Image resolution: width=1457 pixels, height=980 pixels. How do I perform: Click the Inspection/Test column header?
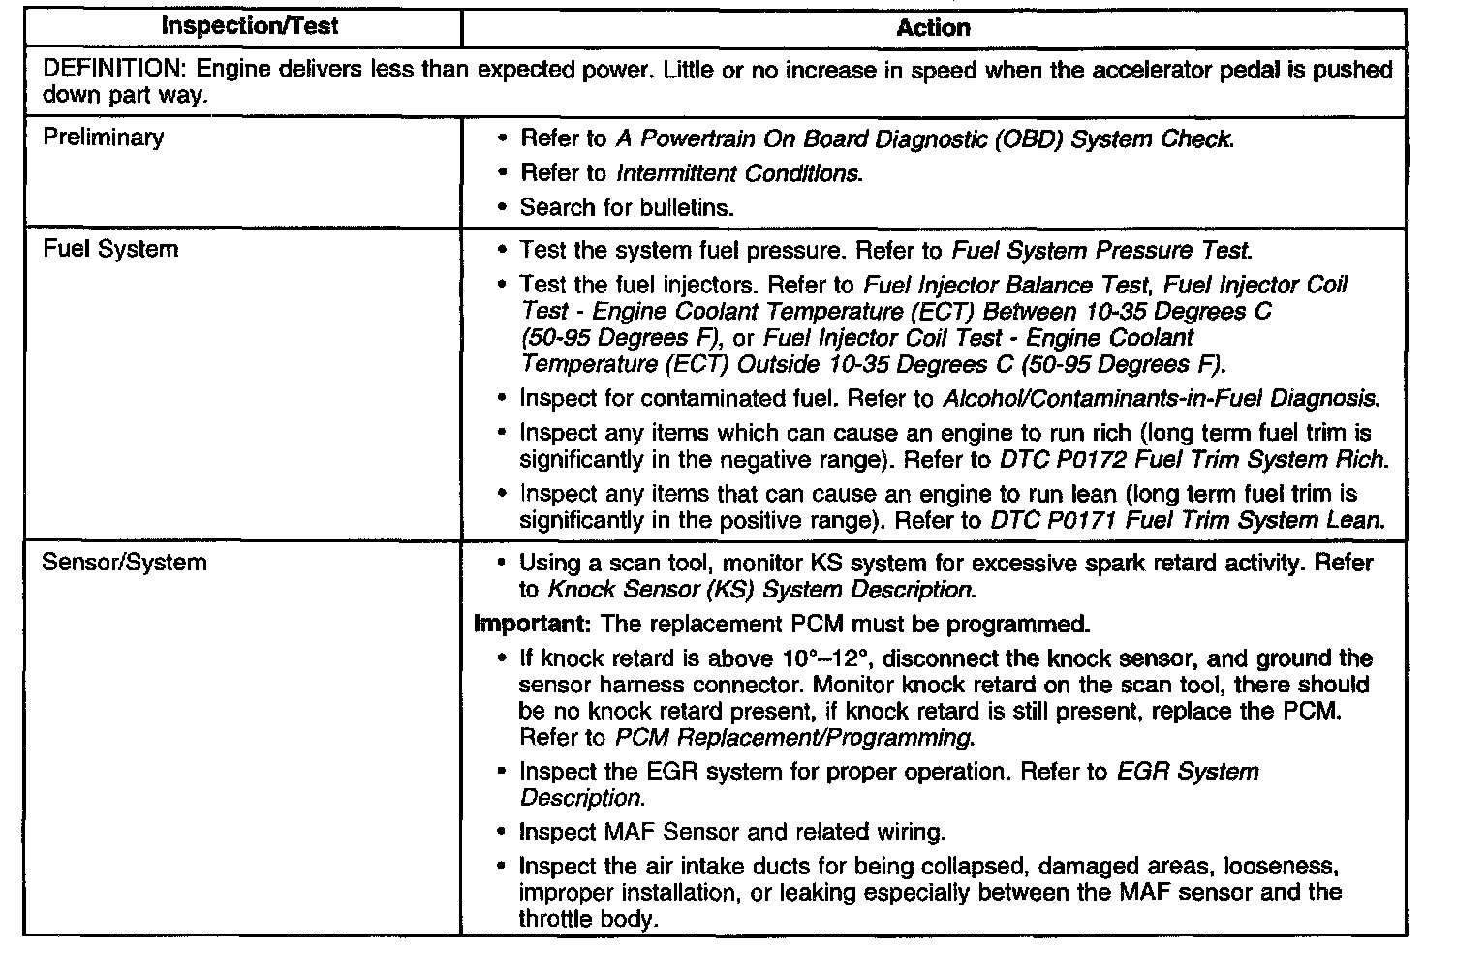[249, 26]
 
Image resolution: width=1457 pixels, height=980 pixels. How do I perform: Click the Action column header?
[933, 28]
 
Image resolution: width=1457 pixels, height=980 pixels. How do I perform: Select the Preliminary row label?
[104, 138]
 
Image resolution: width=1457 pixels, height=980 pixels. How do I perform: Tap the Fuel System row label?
[110, 249]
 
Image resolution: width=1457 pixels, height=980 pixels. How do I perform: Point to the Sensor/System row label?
[124, 563]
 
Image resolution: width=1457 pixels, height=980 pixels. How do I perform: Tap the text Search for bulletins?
[627, 207]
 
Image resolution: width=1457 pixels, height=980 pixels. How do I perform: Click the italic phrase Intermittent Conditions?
[738, 173]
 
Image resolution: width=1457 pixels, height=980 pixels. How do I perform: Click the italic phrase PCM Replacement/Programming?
[793, 738]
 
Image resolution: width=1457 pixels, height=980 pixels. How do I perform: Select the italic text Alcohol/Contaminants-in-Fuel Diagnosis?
[1160, 398]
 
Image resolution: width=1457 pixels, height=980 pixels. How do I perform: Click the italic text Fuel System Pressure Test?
[1102, 251]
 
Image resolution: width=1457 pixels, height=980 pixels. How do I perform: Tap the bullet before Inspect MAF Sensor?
[501, 832]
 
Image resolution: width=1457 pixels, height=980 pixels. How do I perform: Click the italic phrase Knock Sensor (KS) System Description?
[759, 590]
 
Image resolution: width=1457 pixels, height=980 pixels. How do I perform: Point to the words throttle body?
[587, 919]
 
